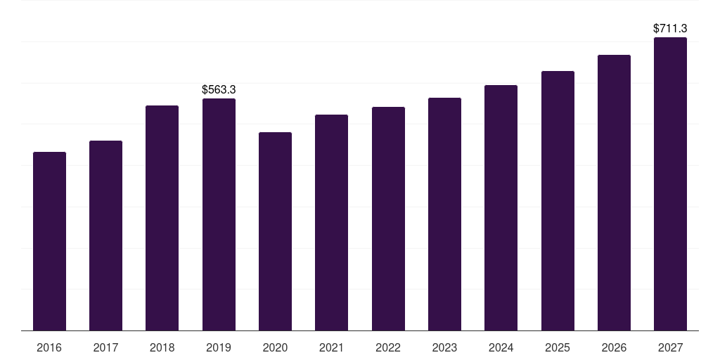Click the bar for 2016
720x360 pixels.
coord(50,241)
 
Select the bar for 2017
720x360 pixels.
coord(105,236)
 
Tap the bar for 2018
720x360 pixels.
coord(162,218)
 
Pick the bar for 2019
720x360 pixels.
coord(219,214)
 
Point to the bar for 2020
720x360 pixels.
coord(275,231)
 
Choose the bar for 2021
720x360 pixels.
coord(332,223)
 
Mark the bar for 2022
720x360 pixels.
coord(388,219)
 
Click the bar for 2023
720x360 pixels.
coord(444,214)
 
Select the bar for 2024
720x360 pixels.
coord(501,208)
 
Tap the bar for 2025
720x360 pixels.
coord(558,200)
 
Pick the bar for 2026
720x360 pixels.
coord(614,193)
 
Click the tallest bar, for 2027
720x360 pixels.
coord(670,184)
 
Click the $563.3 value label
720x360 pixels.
coord(219,89)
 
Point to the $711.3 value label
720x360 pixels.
coord(670,28)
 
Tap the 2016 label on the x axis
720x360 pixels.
coord(49,347)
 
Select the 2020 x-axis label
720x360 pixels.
coord(275,347)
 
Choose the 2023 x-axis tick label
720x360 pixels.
coord(444,347)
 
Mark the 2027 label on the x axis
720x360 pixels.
coord(670,347)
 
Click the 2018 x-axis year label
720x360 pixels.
coord(162,347)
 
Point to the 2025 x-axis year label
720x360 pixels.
coord(558,347)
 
